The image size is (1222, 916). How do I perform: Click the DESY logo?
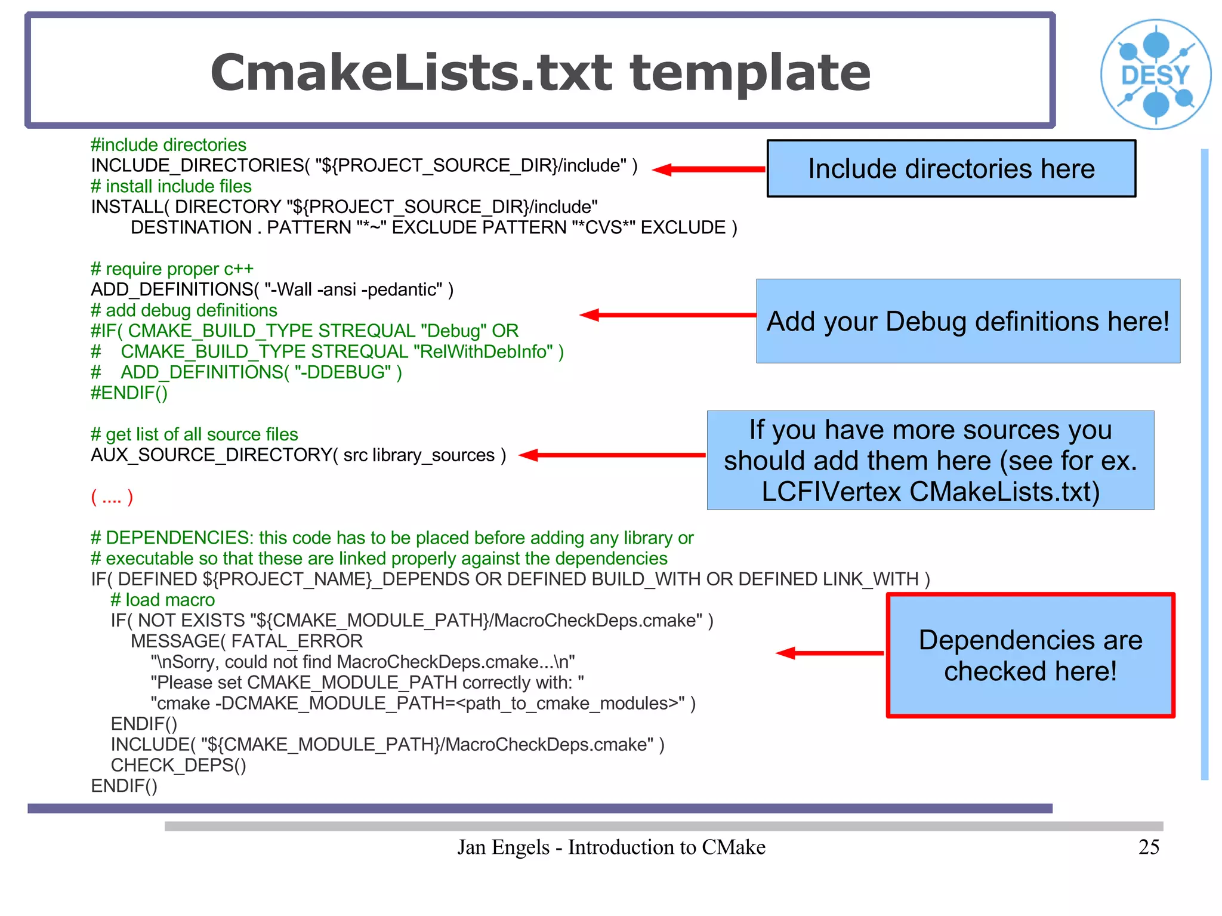[1155, 75]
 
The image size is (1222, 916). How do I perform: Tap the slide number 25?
[1149, 847]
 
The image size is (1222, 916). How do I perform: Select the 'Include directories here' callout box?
[951, 169]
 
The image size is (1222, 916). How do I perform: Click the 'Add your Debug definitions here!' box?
[968, 321]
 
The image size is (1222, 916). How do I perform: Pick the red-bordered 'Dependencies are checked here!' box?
[1030, 655]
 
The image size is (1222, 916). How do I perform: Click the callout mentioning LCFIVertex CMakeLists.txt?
[930, 460]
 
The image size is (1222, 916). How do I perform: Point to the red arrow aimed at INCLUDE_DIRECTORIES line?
[708, 169]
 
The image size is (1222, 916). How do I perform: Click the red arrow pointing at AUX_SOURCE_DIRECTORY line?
[612, 455]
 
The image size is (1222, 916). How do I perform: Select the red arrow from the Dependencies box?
[829, 653]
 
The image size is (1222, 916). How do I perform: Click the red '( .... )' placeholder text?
[112, 496]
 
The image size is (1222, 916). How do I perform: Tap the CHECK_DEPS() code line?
[178, 765]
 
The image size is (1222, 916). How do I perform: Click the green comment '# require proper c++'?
[172, 269]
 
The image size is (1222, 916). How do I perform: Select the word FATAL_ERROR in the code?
[297, 641]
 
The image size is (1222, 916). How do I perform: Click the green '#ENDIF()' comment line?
[129, 393]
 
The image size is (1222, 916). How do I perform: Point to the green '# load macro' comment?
[162, 600]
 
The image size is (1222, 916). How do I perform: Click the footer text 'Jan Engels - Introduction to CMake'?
[611, 847]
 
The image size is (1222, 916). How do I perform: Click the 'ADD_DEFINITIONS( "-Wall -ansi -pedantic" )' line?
[272, 289]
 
